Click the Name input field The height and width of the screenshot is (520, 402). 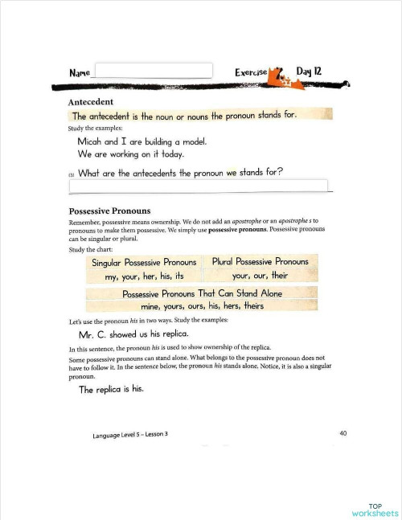click(154, 71)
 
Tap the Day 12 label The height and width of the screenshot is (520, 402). click(309, 72)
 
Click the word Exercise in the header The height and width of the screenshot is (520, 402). click(250, 72)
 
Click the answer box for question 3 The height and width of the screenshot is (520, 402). click(199, 186)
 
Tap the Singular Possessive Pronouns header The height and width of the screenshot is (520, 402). click(144, 263)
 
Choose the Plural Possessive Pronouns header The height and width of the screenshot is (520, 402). click(260, 262)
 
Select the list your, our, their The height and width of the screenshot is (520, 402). click(260, 276)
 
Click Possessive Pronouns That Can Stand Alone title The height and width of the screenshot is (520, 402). click(202, 293)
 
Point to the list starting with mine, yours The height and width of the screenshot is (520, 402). click(202, 306)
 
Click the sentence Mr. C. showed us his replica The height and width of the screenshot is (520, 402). click(133, 334)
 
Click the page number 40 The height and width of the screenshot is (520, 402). click(343, 434)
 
